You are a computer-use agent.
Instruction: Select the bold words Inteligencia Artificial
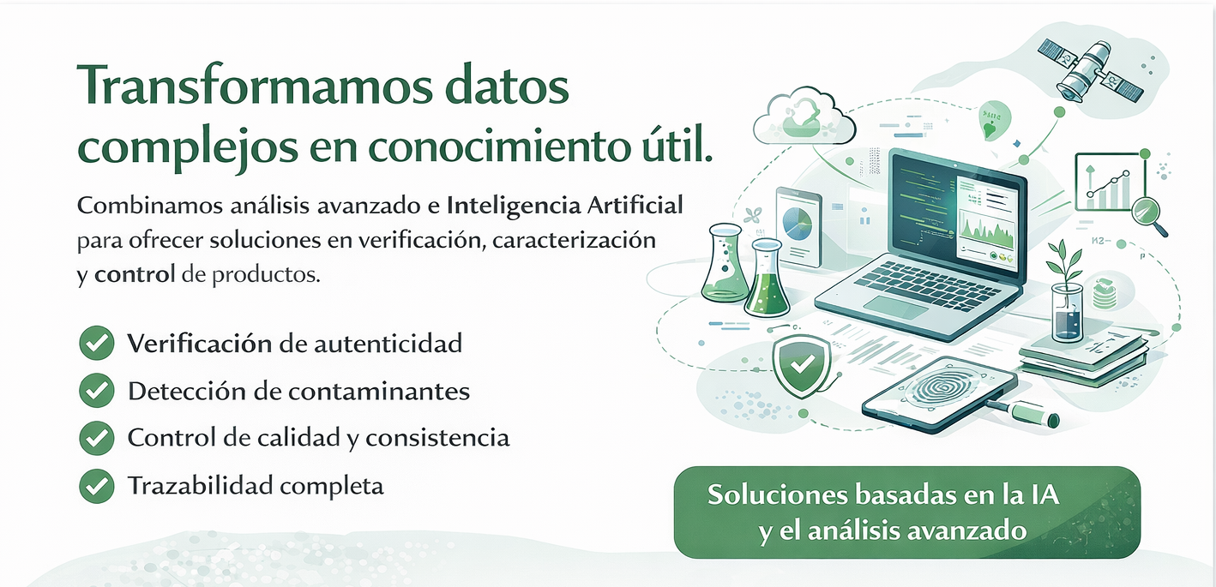(x=565, y=206)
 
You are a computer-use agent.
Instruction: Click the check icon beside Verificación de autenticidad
(x=96, y=344)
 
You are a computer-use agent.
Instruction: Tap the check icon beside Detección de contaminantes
(x=96, y=391)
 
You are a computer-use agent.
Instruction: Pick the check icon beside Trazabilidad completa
(x=96, y=486)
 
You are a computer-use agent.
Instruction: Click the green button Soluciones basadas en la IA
(x=907, y=512)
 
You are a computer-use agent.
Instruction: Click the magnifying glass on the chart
(x=1147, y=212)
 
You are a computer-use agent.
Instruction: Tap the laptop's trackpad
(x=895, y=308)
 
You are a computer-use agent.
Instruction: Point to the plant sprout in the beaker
(x=1067, y=266)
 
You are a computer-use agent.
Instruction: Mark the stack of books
(x=1083, y=354)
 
